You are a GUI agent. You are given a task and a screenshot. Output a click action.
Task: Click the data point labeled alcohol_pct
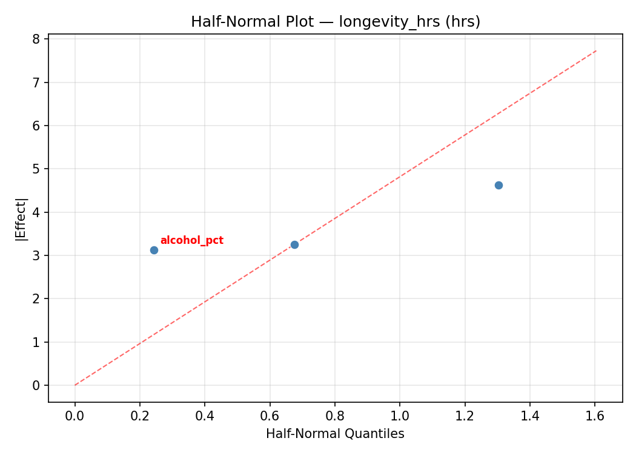tap(154, 250)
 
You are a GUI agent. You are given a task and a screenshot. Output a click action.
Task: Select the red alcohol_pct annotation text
tap(191, 241)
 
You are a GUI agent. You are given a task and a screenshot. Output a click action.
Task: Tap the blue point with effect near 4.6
tap(499, 185)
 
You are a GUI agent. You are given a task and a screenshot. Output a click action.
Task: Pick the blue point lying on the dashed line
tap(294, 244)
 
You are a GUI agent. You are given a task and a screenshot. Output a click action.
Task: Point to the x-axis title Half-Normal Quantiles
tap(335, 434)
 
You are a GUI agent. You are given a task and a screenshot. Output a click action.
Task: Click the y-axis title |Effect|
tap(22, 219)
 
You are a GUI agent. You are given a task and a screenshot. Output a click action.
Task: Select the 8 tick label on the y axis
tap(36, 39)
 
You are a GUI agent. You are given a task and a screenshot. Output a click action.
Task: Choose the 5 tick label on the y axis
tap(36, 169)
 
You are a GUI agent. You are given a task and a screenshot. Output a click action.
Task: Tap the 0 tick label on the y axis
tap(36, 386)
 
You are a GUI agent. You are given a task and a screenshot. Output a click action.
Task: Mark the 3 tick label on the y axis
tap(36, 256)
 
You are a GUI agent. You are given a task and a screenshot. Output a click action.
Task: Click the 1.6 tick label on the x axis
tap(594, 417)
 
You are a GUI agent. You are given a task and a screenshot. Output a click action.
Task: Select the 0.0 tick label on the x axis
tap(75, 417)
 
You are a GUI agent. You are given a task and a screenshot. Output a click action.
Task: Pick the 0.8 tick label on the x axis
tap(335, 417)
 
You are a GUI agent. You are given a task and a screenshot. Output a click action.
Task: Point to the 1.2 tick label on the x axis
tap(465, 417)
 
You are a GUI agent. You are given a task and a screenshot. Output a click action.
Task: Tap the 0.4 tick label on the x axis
tap(205, 417)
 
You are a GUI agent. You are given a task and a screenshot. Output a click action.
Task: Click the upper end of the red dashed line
tap(596, 51)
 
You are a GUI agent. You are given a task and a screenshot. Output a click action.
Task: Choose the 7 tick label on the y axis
tap(36, 83)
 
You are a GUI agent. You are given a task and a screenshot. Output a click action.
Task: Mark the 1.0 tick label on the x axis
tap(400, 417)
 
